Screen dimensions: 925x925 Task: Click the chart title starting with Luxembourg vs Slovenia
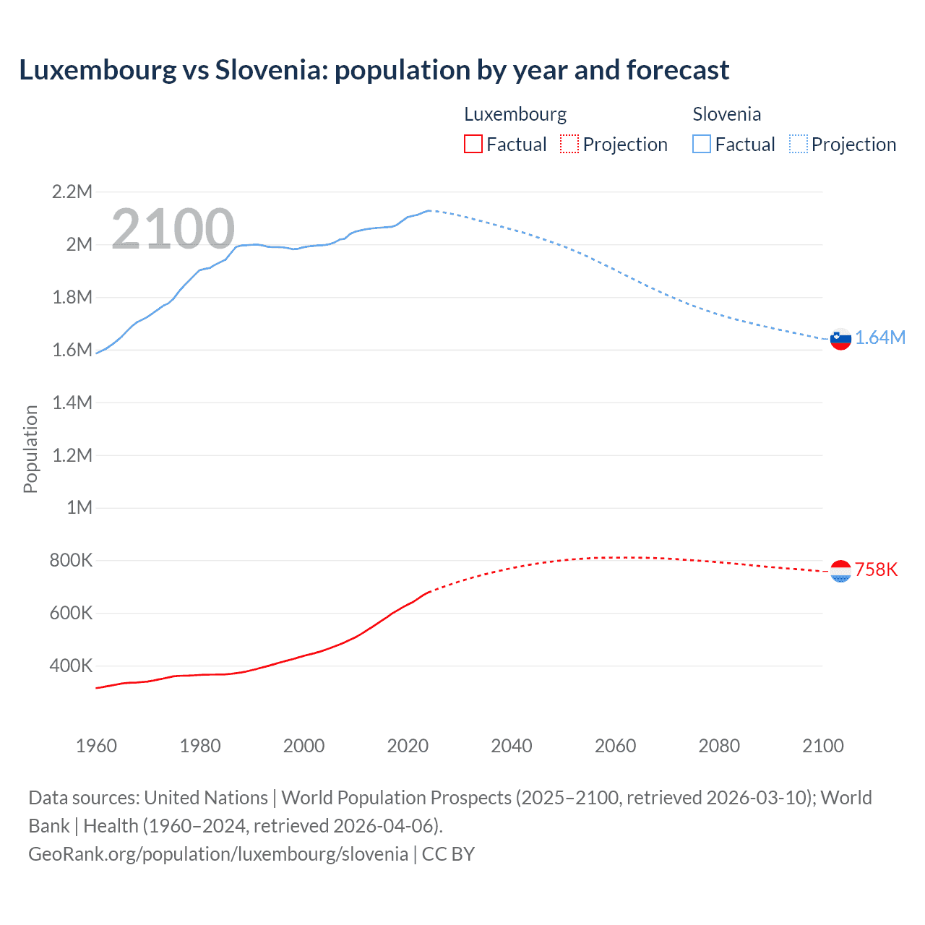pyautogui.click(x=374, y=70)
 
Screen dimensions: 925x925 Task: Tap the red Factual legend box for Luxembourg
pyautogui.click(x=473, y=144)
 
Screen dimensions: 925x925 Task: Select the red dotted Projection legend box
pyautogui.click(x=569, y=144)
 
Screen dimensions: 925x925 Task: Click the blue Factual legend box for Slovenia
pyautogui.click(x=702, y=144)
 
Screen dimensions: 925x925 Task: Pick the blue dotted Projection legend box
pyautogui.click(x=799, y=144)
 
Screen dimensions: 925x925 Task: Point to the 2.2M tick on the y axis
pyautogui.click(x=72, y=192)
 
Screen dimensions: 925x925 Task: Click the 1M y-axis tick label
pyautogui.click(x=79, y=507)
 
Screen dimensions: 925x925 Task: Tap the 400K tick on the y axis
pyautogui.click(x=71, y=666)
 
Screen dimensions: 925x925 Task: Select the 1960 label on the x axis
pyautogui.click(x=96, y=746)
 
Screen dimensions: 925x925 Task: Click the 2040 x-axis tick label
pyautogui.click(x=512, y=746)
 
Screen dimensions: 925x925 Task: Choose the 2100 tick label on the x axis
pyautogui.click(x=822, y=746)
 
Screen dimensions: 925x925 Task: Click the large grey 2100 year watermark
pyautogui.click(x=173, y=229)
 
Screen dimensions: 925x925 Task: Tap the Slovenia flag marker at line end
pyautogui.click(x=840, y=338)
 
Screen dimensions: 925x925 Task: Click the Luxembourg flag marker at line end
pyautogui.click(x=840, y=571)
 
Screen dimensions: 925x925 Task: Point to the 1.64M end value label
pyautogui.click(x=880, y=337)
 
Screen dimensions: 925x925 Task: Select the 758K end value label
pyautogui.click(x=876, y=569)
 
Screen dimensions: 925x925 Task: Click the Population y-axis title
pyautogui.click(x=30, y=449)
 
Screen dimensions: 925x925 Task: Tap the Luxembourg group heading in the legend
pyautogui.click(x=515, y=114)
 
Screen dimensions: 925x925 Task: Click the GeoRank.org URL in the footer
pyautogui.click(x=218, y=853)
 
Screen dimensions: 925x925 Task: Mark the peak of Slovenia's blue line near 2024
pyautogui.click(x=429, y=210)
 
